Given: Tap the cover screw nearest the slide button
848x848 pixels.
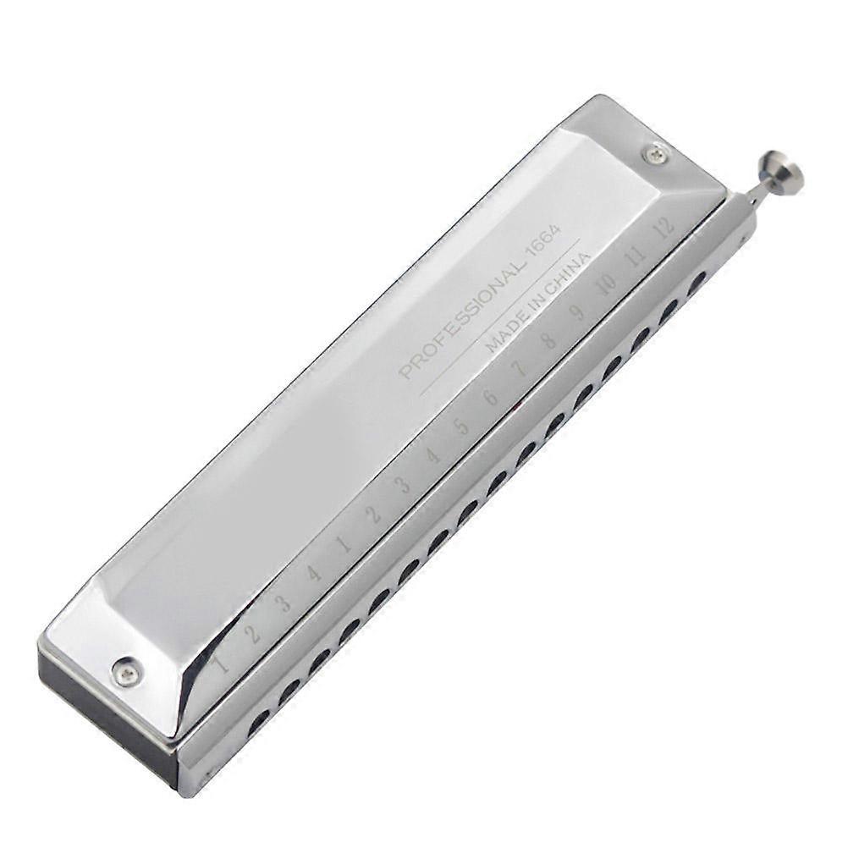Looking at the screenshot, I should click(654, 154).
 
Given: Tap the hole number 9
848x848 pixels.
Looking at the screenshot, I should click(578, 311).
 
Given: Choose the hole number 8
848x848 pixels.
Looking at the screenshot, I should click(548, 340).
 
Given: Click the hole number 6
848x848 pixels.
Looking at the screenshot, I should click(490, 397).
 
